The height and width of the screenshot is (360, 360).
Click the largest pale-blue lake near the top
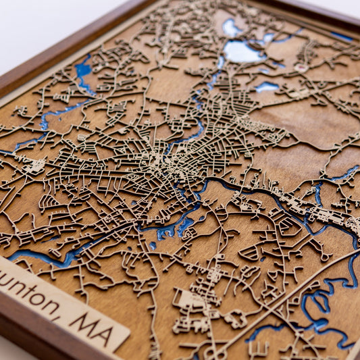point(245,51)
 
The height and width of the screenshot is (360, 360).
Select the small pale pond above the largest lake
point(232,27)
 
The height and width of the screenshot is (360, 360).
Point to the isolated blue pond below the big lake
point(266,86)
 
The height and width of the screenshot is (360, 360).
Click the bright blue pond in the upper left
point(84,72)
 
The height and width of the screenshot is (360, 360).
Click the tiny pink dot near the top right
point(301,68)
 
